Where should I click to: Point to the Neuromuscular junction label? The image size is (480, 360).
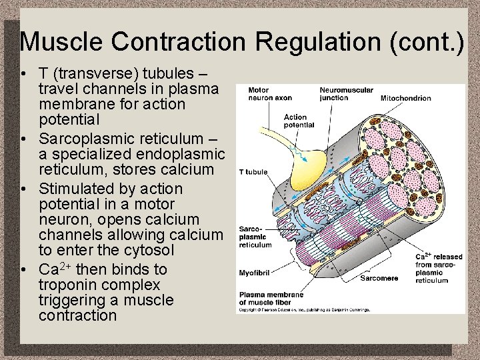coord(346,94)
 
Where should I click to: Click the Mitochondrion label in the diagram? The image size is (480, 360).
coord(405,98)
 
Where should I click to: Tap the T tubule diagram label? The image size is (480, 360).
coord(253,172)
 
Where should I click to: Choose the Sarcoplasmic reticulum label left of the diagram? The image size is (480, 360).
coord(255,237)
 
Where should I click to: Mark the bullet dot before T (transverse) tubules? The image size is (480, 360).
coord(23,73)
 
